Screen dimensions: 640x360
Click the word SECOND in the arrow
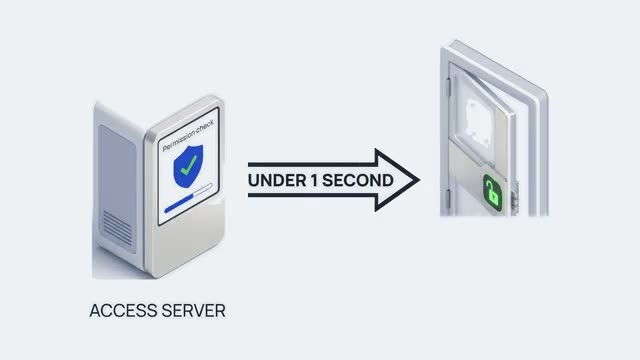tap(358, 180)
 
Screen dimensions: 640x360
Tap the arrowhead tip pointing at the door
tap(419, 180)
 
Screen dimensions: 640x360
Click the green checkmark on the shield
tap(189, 164)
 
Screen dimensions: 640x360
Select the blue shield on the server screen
tap(188, 166)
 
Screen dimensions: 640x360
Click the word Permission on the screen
tap(178, 140)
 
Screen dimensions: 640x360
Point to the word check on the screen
tap(205, 127)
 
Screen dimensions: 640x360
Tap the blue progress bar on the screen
tap(180, 202)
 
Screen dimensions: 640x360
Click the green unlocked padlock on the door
tap(493, 193)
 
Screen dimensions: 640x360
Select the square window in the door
tap(478, 122)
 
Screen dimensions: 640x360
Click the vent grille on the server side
tap(118, 228)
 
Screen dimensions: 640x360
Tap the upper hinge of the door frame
tap(448, 87)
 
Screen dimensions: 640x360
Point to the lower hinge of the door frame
tap(448, 199)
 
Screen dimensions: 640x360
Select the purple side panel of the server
tap(118, 189)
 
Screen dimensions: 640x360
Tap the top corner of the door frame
tap(456, 40)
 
